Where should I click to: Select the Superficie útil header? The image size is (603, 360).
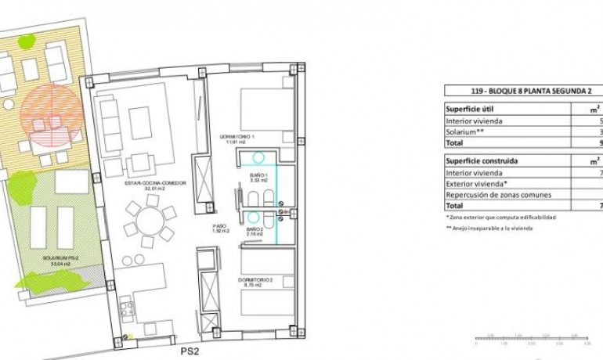pyautogui.click(x=470, y=110)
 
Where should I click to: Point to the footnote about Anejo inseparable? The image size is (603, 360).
pyautogui.click(x=489, y=229)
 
